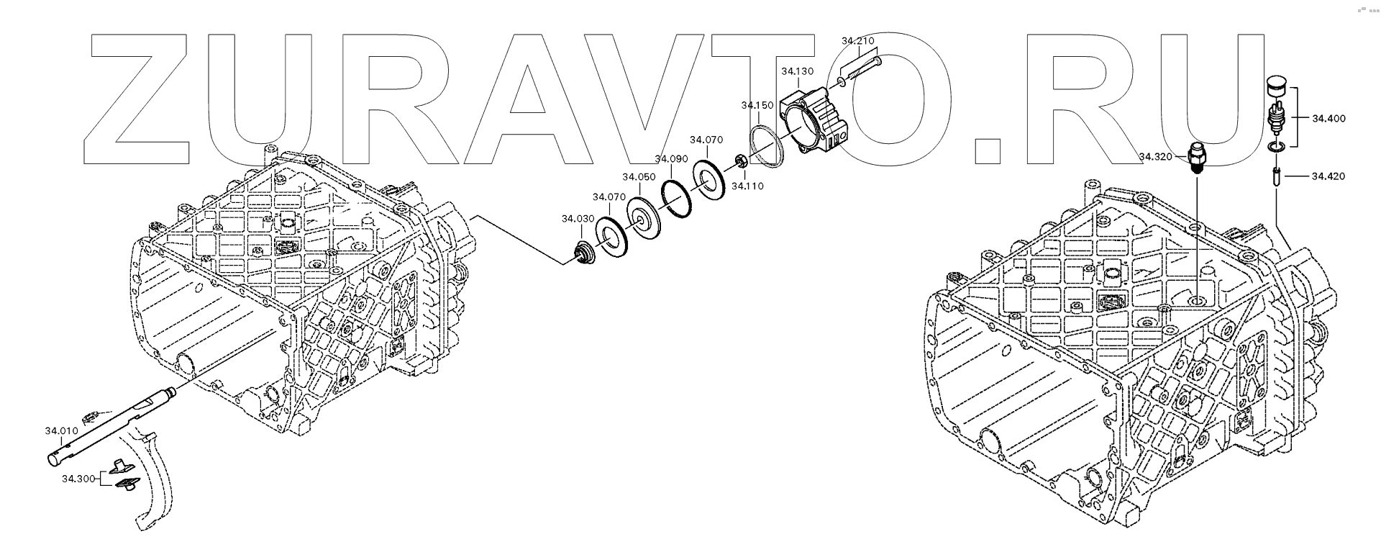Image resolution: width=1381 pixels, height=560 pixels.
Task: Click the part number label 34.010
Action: pos(61,431)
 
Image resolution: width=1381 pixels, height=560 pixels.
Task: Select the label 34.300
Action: pos(78,478)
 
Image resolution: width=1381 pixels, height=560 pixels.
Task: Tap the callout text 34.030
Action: pos(578,218)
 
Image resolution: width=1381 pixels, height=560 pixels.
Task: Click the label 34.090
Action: pos(671,158)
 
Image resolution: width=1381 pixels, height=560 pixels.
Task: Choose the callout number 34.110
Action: pos(747,186)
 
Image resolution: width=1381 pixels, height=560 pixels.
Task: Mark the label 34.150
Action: pos(757,105)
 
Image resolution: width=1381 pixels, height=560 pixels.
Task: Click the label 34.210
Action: pos(857,41)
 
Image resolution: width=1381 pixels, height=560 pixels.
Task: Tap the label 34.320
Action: pos(1155,155)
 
